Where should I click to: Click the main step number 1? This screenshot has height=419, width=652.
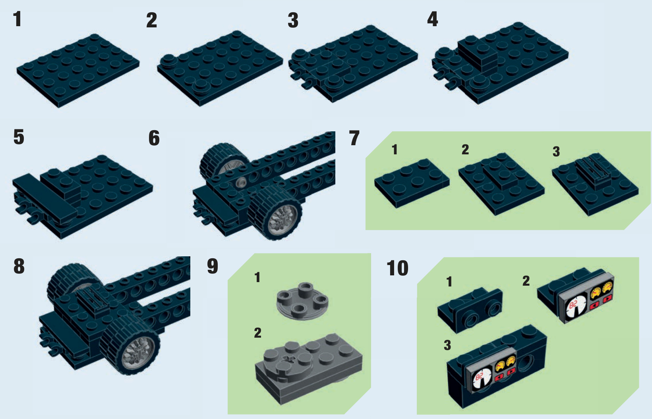(17, 19)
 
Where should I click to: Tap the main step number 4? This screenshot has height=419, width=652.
(433, 19)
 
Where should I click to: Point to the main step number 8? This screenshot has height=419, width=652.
(19, 266)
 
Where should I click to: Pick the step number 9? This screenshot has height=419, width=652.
(213, 266)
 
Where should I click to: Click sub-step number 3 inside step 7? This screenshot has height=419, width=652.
(556, 152)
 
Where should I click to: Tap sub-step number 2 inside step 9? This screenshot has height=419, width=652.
(257, 333)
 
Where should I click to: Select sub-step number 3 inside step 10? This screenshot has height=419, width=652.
(447, 346)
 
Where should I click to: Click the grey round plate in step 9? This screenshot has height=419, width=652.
(302, 302)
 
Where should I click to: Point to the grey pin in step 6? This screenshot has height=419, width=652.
(241, 183)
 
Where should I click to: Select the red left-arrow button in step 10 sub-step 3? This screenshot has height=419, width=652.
(499, 377)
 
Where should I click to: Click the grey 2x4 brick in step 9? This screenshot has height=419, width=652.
(309, 368)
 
